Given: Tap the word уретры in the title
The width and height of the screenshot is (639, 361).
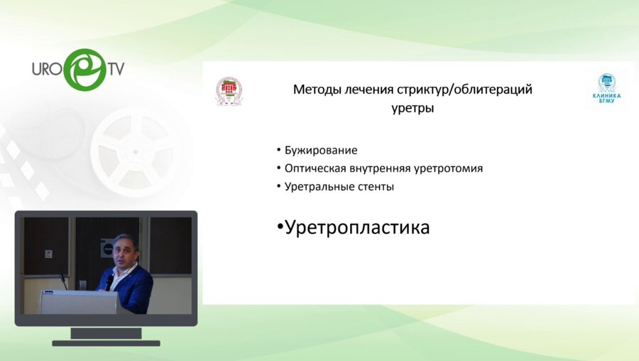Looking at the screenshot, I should (413, 109).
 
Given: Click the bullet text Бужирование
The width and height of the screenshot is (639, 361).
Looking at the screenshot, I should (320, 151).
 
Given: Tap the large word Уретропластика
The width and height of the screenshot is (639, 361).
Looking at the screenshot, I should (357, 227).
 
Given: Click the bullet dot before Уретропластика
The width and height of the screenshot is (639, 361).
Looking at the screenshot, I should (280, 228).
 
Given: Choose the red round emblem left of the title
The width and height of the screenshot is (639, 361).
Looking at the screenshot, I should (229, 92).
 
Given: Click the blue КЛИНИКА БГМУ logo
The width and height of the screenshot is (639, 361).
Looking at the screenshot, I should (606, 89).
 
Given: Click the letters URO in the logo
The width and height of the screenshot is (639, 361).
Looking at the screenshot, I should (47, 70).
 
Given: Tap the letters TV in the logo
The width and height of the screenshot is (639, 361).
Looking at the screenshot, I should (116, 69).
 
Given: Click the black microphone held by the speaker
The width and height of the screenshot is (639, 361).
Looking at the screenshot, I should (109, 281).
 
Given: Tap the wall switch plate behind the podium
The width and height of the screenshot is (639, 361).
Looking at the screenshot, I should (48, 253).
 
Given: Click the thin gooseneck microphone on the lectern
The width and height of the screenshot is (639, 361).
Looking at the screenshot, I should (63, 281).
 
